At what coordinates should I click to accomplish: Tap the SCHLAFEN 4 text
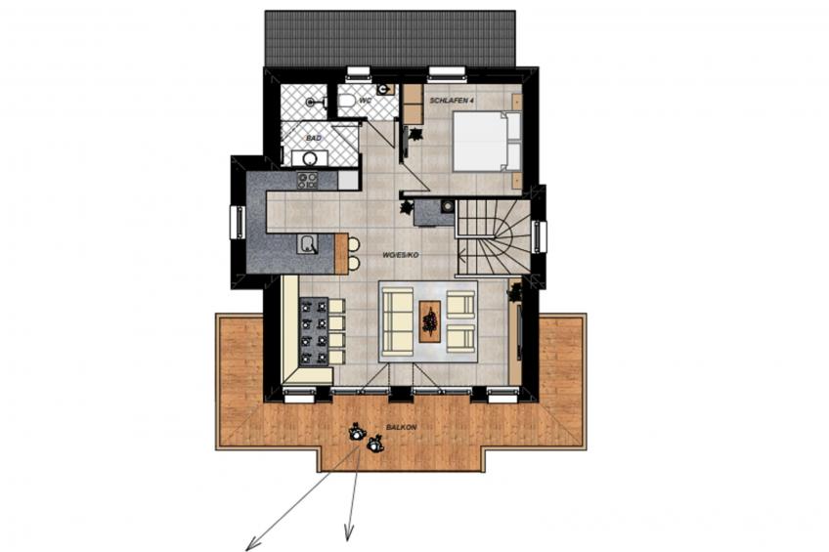click(x=451, y=101)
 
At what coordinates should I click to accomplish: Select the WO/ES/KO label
click(x=401, y=255)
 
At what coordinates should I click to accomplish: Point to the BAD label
click(x=314, y=139)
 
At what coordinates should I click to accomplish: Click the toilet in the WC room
click(x=347, y=100)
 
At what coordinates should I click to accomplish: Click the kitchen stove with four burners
click(x=307, y=181)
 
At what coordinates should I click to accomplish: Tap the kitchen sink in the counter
click(x=308, y=244)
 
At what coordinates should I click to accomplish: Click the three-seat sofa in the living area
click(x=398, y=320)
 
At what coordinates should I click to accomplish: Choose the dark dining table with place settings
click(x=314, y=332)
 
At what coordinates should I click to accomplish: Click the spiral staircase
click(x=493, y=237)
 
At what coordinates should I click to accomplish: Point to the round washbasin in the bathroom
click(x=309, y=158)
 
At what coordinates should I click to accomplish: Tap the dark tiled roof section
click(x=390, y=38)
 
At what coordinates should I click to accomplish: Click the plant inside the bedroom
click(x=415, y=134)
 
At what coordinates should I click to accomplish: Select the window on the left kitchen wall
click(x=238, y=223)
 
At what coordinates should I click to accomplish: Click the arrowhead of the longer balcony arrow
click(x=252, y=542)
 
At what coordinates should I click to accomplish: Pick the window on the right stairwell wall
click(x=540, y=237)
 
